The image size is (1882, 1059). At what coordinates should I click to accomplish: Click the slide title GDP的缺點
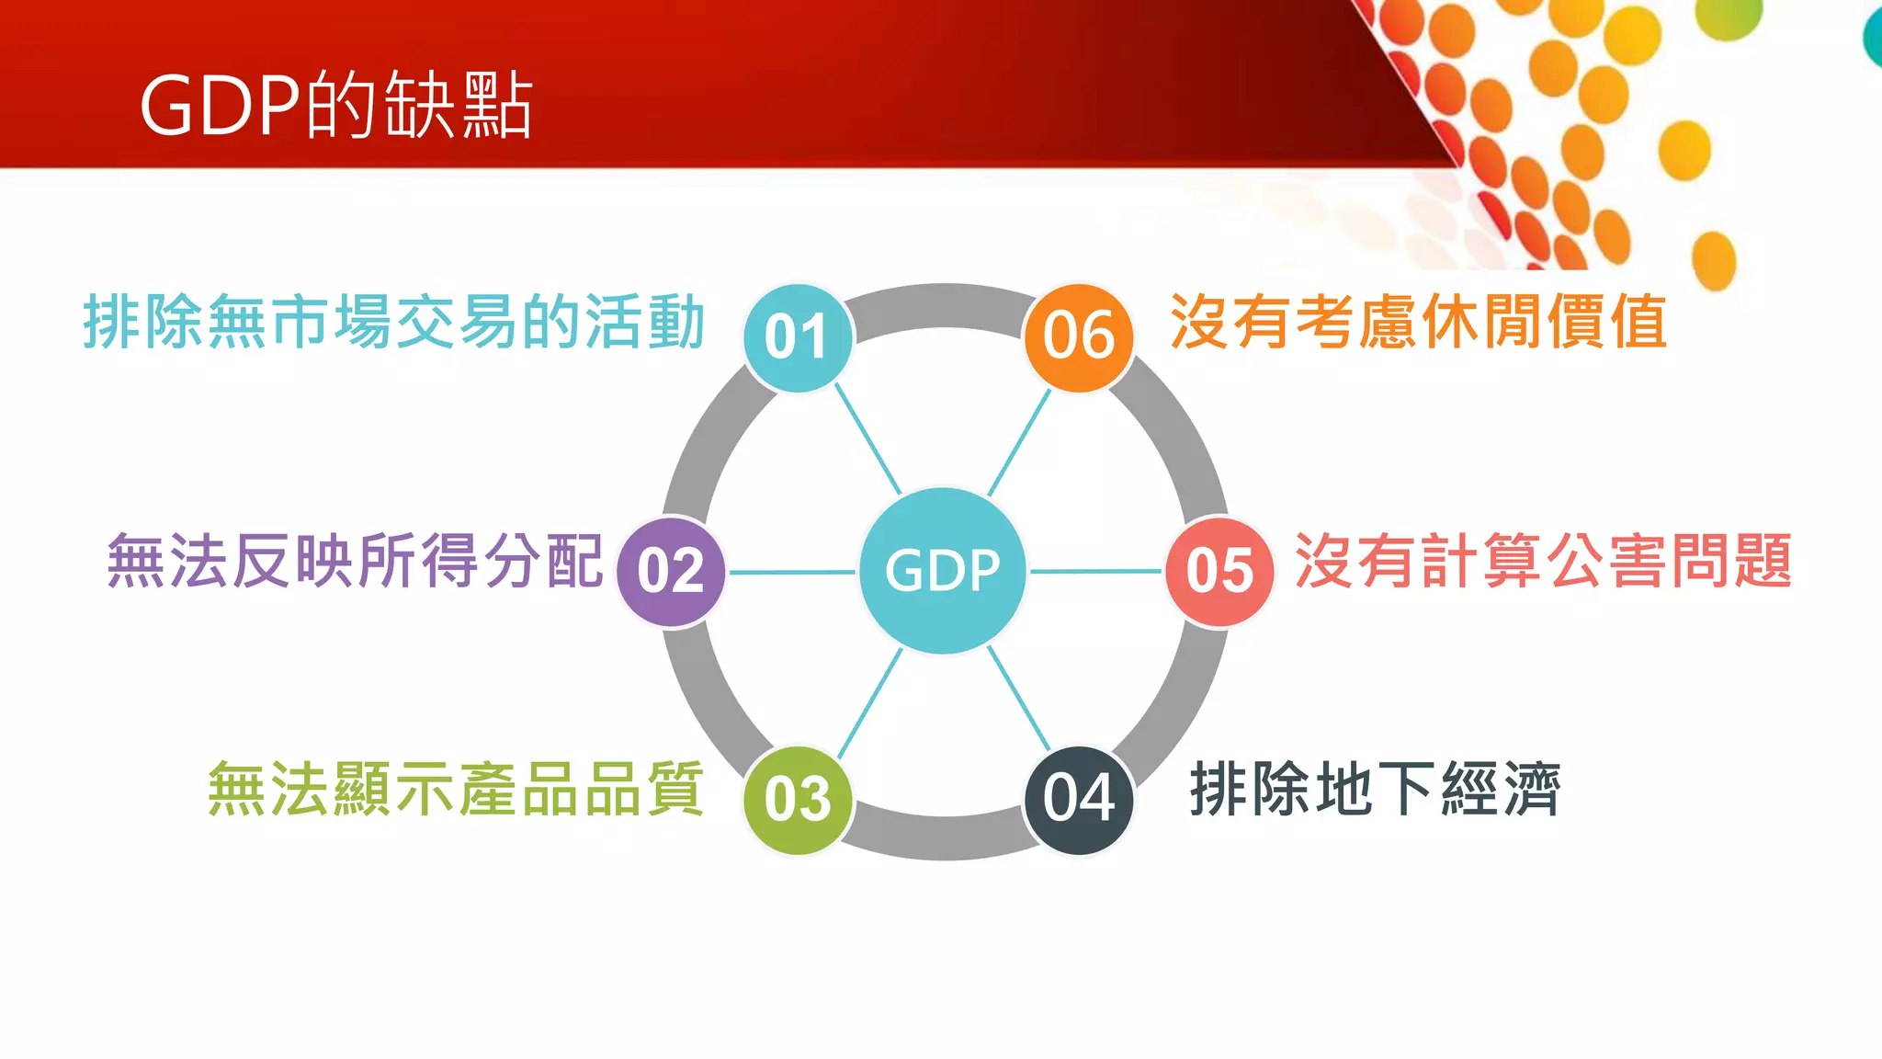pyautogui.click(x=336, y=105)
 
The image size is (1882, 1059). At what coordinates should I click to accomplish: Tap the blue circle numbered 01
pyautogui.click(x=798, y=337)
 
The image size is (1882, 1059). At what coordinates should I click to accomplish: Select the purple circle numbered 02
pyautogui.click(x=671, y=571)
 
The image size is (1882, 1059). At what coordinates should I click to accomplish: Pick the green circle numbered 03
pyautogui.click(x=798, y=799)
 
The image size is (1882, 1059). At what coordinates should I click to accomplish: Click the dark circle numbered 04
pyautogui.click(x=1079, y=799)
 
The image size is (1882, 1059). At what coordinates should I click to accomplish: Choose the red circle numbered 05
pyautogui.click(x=1219, y=571)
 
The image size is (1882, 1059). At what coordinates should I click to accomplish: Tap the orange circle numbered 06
pyautogui.click(x=1079, y=336)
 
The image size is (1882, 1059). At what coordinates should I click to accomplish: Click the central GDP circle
pyautogui.click(x=943, y=571)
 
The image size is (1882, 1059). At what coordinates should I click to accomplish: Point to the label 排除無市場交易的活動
pyautogui.click(x=394, y=323)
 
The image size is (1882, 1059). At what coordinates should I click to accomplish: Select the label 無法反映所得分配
pyautogui.click(x=355, y=561)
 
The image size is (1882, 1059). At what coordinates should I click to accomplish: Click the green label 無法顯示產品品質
pyautogui.click(x=456, y=789)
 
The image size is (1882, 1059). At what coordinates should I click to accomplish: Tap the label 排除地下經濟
pyautogui.click(x=1375, y=789)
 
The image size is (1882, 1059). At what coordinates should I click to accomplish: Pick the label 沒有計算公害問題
pyautogui.click(x=1543, y=561)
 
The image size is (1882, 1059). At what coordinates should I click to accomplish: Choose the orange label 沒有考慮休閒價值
pyautogui.click(x=1419, y=323)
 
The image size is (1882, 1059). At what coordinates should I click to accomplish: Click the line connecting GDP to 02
pyautogui.click(x=792, y=573)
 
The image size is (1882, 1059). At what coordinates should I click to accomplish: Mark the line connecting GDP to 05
pyautogui.click(x=1095, y=572)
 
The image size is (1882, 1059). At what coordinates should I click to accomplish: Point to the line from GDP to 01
pyautogui.click(x=867, y=438)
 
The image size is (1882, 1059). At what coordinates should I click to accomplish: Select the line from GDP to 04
pyautogui.click(x=1018, y=699)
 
